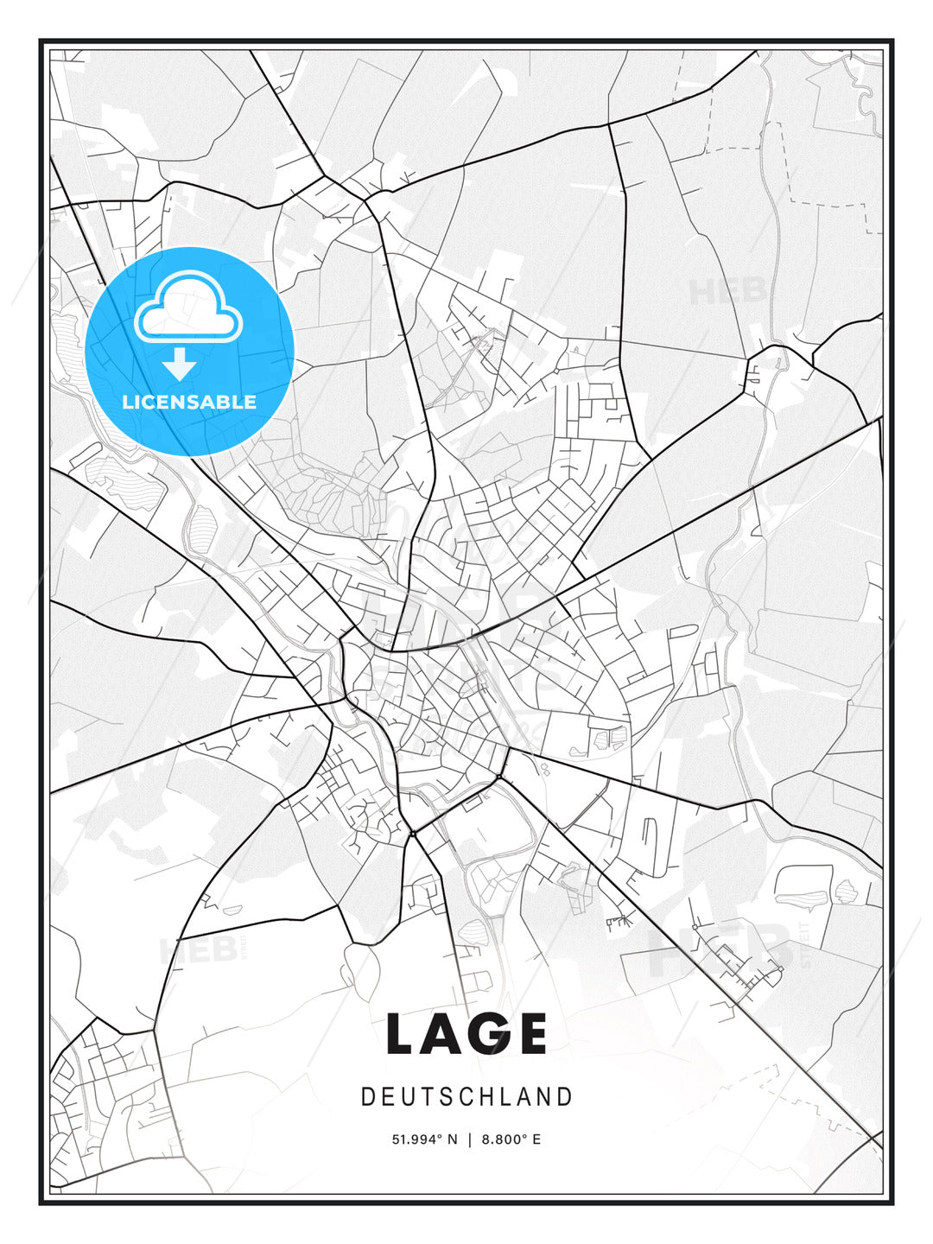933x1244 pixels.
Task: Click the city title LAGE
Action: click(466, 1033)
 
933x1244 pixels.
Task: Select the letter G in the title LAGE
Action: click(488, 1033)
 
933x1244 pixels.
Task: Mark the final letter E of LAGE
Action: click(531, 1033)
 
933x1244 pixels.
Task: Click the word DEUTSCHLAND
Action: click(466, 1097)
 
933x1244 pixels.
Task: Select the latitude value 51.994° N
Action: click(425, 1139)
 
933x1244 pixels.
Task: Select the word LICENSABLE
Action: click(189, 402)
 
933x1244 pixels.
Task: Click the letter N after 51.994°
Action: click(453, 1139)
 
